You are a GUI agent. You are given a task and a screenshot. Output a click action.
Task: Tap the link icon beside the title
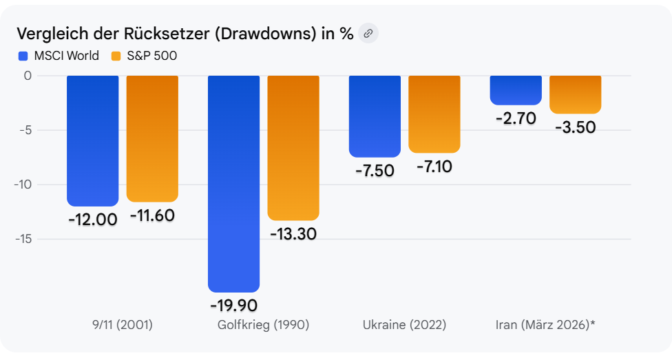pos(368,33)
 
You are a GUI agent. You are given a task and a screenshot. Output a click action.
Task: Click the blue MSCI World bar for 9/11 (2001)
pos(92,138)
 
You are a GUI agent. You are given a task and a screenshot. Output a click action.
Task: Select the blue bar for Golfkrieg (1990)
pos(234,179)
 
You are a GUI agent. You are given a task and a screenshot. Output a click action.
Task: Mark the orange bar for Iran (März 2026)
pos(575,94)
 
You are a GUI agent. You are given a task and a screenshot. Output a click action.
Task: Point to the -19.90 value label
pos(234,305)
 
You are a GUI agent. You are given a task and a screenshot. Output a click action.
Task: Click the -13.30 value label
pos(293,234)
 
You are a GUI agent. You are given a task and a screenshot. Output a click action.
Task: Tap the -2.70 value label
pos(516,118)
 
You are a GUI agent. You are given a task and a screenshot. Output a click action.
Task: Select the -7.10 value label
pos(434,167)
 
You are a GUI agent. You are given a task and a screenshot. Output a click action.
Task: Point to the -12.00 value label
pos(92,220)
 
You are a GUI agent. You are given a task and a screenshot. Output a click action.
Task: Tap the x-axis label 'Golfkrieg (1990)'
pos(262,325)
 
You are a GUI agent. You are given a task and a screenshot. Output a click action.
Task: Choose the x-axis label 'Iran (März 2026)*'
pos(545,325)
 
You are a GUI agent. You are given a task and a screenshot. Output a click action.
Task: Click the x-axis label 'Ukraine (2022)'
pos(404,325)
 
